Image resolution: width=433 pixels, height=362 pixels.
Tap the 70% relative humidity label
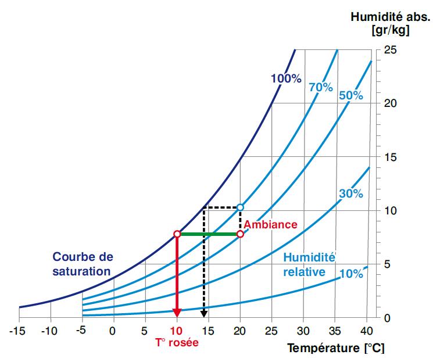321,88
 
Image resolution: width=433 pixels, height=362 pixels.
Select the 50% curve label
351,95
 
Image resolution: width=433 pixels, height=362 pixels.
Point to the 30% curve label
351,194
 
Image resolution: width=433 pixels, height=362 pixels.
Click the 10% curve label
351,274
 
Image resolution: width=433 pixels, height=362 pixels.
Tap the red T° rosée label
177,343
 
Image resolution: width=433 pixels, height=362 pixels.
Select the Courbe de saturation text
83,263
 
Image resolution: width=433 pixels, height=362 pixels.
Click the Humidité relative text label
309,264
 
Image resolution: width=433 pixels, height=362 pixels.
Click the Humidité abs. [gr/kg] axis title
380,23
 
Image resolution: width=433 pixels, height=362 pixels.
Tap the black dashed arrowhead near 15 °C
203,314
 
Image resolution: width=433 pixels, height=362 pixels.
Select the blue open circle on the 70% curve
241,207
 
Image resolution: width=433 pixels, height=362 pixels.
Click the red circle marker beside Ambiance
241,234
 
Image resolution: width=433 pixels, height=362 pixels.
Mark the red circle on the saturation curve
177,234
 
